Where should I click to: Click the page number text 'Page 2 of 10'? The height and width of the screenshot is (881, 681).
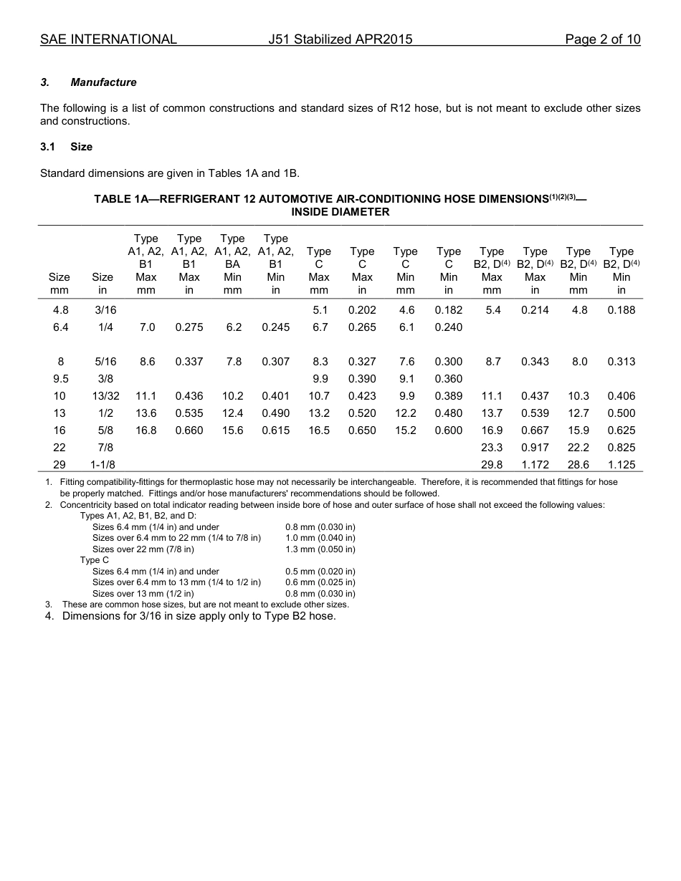click(602, 39)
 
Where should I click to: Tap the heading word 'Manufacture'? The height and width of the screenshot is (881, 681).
click(103, 82)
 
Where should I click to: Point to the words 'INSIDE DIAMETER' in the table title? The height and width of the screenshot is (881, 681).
click(340, 211)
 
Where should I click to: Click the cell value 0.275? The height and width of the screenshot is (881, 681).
click(189, 327)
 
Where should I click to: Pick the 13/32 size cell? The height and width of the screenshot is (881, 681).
click(103, 396)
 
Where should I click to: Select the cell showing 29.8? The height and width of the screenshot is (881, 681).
click(492, 465)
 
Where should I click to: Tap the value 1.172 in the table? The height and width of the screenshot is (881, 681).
click(535, 465)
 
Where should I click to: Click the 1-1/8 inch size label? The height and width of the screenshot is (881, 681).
click(103, 465)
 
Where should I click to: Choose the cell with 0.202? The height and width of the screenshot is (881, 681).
click(362, 310)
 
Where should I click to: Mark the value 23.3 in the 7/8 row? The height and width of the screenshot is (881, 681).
click(492, 448)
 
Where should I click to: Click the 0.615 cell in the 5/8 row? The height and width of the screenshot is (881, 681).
click(275, 430)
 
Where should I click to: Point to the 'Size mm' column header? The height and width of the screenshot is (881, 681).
click(59, 284)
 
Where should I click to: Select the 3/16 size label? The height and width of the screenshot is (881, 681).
click(103, 310)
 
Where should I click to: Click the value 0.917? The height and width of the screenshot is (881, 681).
click(535, 448)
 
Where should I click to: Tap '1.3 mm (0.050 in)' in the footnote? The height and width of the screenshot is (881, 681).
click(320, 549)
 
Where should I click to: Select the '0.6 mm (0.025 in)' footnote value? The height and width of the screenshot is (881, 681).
click(320, 582)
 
